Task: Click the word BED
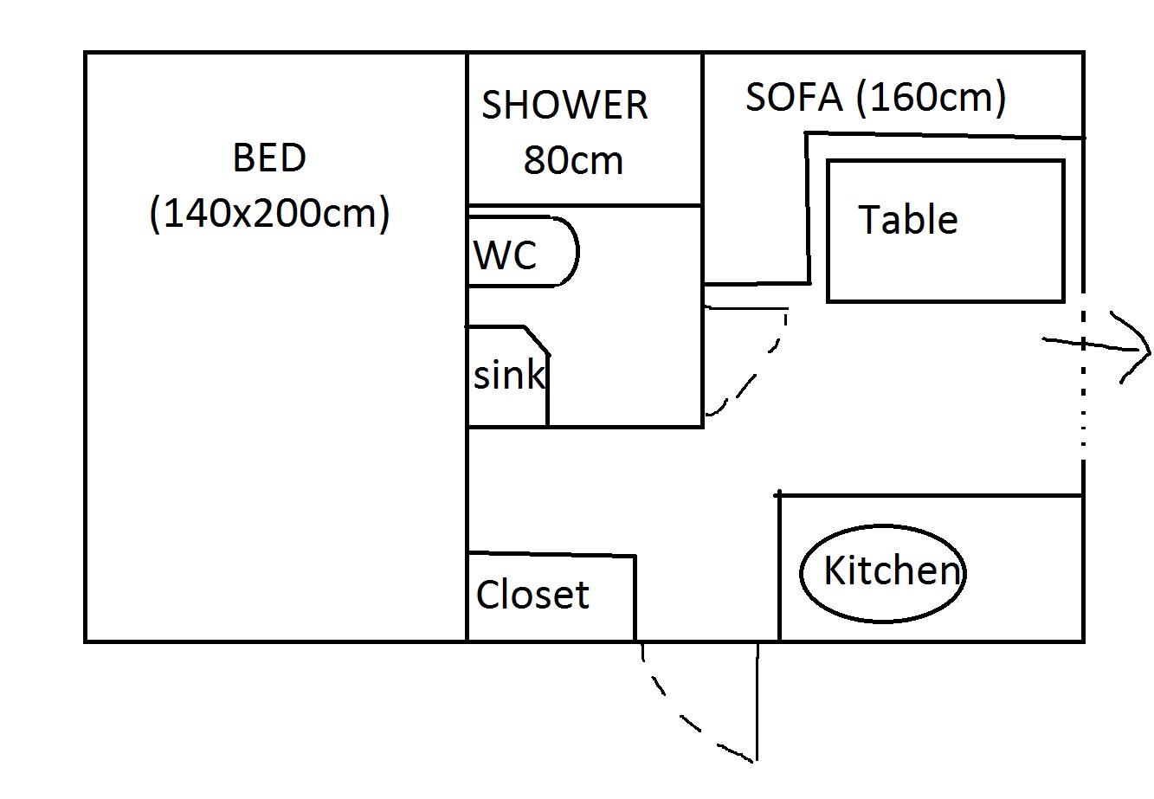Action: pyautogui.click(x=269, y=159)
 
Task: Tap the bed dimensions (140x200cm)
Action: pyautogui.click(x=269, y=213)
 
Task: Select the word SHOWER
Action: pyautogui.click(x=564, y=106)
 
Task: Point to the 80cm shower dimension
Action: pyautogui.click(x=573, y=161)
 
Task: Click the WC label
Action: pyautogui.click(x=506, y=255)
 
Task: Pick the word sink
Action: pyautogui.click(x=509, y=376)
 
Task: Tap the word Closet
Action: pyautogui.click(x=532, y=595)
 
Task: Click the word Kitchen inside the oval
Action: pyautogui.click(x=892, y=571)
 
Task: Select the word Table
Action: pyautogui.click(x=907, y=220)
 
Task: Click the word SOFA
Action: pyautogui.click(x=794, y=98)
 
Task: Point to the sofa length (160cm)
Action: pyautogui.click(x=931, y=98)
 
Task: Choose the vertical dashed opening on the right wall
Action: pyautogui.click(x=1082, y=372)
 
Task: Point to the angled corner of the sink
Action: pyautogui.click(x=537, y=339)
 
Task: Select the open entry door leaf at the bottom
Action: pyautogui.click(x=758, y=701)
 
